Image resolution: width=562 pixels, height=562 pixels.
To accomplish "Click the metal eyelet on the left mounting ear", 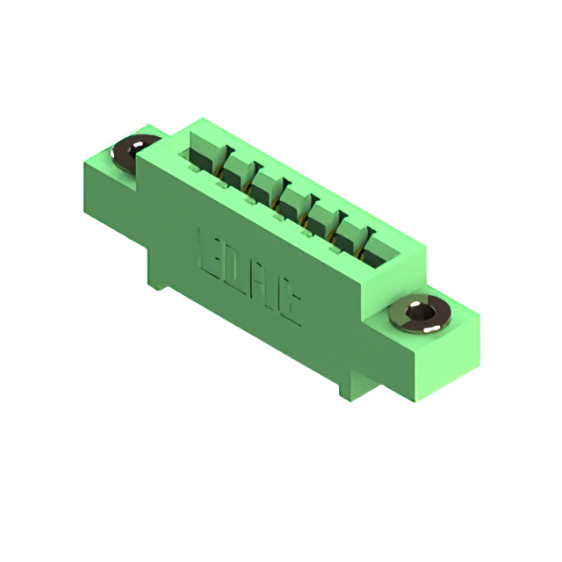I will point(129,151).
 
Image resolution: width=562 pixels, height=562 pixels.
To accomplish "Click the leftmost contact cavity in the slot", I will point(200,162).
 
